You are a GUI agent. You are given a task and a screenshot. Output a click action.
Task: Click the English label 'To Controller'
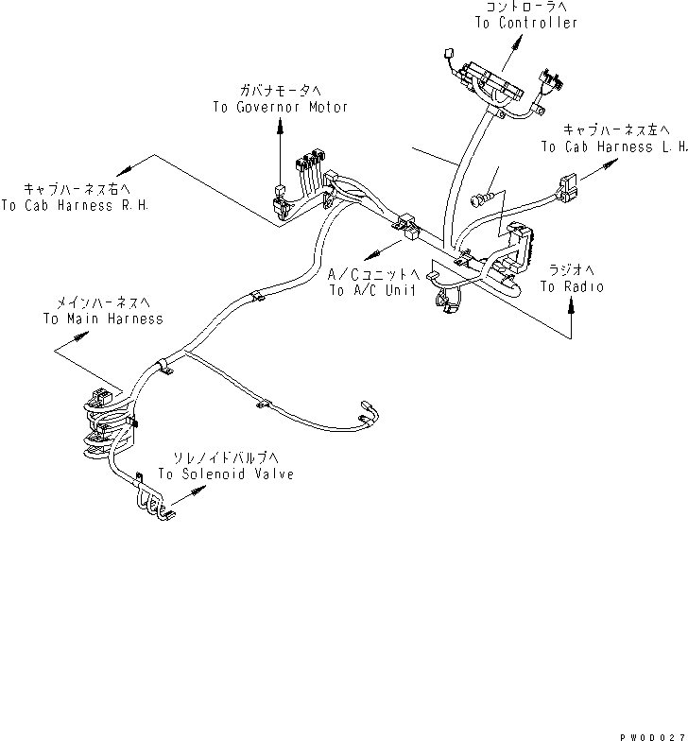[x=525, y=23]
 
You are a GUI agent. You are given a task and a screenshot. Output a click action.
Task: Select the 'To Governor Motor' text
[x=280, y=107]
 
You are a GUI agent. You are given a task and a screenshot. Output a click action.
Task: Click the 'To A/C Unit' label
[x=372, y=291]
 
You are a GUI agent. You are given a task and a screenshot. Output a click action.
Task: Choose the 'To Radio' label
[x=572, y=285]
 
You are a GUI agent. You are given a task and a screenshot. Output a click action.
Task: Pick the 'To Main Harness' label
[x=102, y=319]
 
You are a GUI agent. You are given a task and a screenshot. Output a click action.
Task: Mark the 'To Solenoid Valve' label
[x=225, y=474]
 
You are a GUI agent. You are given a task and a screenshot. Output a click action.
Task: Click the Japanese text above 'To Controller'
[x=525, y=7]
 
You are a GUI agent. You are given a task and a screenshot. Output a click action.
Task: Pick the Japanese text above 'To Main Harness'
[x=104, y=302]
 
